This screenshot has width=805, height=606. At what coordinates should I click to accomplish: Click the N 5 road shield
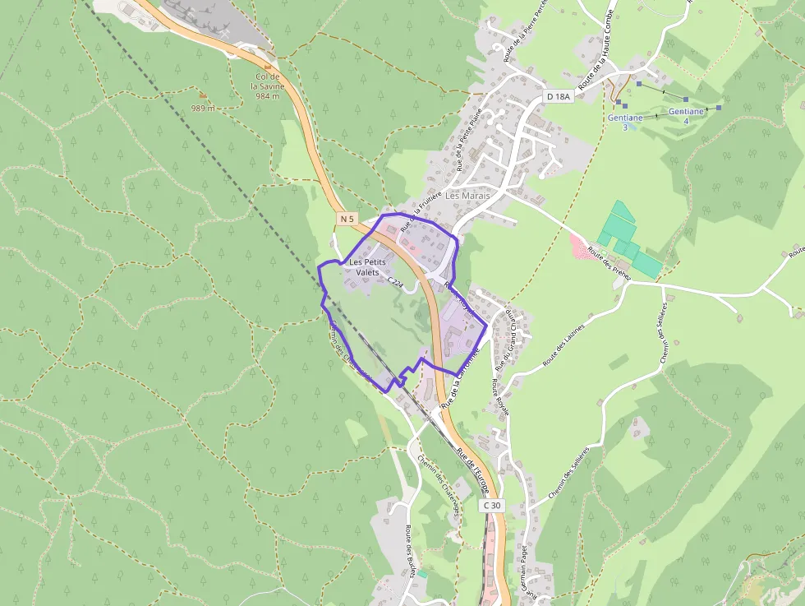tap(347, 219)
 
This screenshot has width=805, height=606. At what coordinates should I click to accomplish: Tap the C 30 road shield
tap(491, 505)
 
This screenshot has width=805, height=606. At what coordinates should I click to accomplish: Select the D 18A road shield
tap(558, 97)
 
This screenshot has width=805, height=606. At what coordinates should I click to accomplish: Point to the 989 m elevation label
tap(203, 108)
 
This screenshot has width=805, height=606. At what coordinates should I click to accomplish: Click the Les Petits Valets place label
tap(367, 267)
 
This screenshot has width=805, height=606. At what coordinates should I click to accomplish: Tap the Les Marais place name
tap(467, 197)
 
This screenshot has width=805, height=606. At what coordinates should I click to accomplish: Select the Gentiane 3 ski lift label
tap(624, 122)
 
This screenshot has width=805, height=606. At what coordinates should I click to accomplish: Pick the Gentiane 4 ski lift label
tap(686, 115)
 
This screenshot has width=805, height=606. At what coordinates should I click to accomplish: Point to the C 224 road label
tap(396, 282)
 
